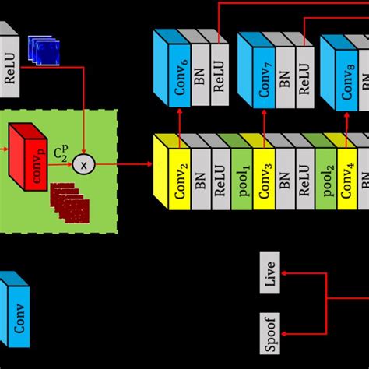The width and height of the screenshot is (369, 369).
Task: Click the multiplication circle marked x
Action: (83, 164)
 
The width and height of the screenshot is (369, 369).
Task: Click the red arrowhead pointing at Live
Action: (285, 273)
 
